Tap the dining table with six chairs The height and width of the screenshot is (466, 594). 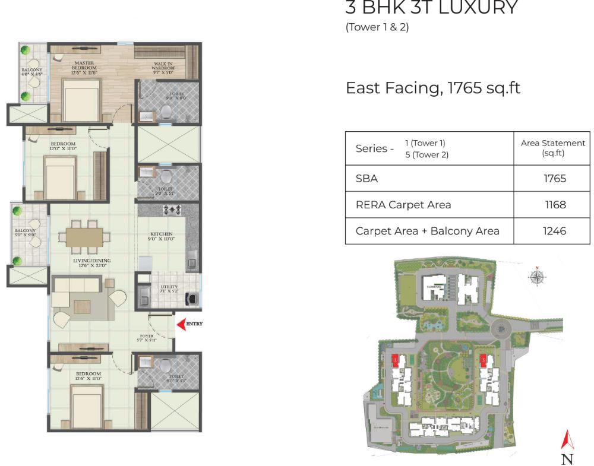click(x=84, y=236)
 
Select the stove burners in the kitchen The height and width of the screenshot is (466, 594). click(x=172, y=210)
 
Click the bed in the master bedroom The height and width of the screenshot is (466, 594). click(x=81, y=101)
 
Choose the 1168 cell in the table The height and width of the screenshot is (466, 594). click(x=555, y=205)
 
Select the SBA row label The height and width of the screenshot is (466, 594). click(x=366, y=178)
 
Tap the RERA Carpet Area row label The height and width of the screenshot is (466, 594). click(x=403, y=205)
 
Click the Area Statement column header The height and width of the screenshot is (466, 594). click(x=552, y=148)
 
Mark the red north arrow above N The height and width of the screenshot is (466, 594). click(x=568, y=439)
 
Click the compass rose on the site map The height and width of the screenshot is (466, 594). click(x=537, y=277)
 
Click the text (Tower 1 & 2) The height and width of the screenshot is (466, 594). click(x=377, y=27)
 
